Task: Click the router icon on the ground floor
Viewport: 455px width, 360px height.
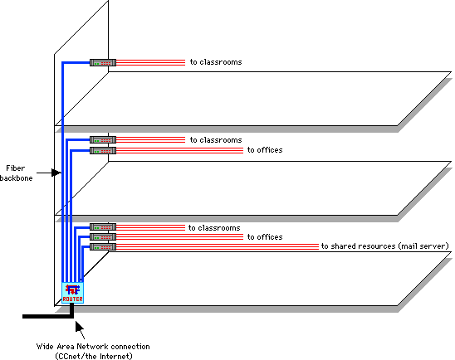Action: click(x=73, y=293)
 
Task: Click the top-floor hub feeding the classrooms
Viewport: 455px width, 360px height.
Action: click(x=103, y=62)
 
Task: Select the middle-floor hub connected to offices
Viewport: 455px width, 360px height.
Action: click(x=103, y=150)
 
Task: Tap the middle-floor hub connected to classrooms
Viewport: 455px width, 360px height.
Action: click(x=103, y=140)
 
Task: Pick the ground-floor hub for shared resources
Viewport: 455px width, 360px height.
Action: click(x=103, y=247)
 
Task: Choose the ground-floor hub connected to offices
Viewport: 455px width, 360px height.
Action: click(x=103, y=236)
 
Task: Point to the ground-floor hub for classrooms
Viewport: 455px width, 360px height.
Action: click(x=103, y=227)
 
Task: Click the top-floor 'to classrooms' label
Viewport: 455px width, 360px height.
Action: click(x=216, y=62)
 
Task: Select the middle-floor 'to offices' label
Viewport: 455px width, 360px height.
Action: click(x=265, y=150)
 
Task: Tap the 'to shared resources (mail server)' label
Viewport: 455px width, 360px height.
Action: click(x=385, y=246)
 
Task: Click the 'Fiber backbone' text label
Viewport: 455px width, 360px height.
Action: click(x=17, y=173)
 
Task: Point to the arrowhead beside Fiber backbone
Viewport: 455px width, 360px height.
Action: click(x=56, y=173)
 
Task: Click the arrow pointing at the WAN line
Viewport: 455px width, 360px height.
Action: click(x=80, y=330)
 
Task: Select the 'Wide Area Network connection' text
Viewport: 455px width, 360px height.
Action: click(x=93, y=347)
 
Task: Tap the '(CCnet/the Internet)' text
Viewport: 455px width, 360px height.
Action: click(x=94, y=356)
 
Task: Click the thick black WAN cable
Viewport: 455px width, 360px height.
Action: click(x=48, y=316)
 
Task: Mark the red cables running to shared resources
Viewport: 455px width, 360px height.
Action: click(x=218, y=247)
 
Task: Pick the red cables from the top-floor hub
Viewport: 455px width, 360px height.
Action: click(x=150, y=62)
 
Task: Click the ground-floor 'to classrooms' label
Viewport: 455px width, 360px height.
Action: click(x=214, y=228)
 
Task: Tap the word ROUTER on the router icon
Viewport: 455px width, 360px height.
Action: click(x=73, y=299)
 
